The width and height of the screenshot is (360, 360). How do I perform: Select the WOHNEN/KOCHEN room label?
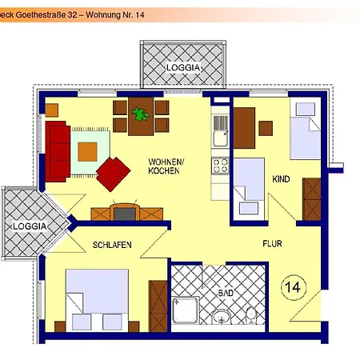(x=166, y=166)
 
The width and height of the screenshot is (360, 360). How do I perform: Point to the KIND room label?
(x=282, y=179)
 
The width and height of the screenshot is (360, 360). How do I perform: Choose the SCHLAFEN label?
(x=111, y=244)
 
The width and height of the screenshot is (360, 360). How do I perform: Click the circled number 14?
(x=292, y=285)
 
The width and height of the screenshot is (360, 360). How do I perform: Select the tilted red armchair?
(x=114, y=173)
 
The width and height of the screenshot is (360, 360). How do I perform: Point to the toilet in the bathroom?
(x=251, y=314)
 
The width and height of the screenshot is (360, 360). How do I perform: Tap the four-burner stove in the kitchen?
(x=219, y=166)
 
